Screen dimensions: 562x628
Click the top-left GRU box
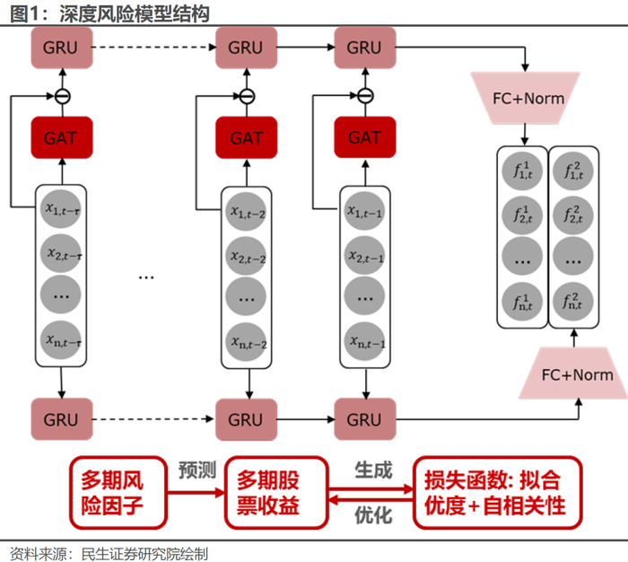62,47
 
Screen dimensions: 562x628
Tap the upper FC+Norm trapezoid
529,97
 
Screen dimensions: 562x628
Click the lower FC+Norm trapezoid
579,373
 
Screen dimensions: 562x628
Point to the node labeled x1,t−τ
62,210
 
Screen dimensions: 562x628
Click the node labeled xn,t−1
364,340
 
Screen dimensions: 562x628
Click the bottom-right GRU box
364,419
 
